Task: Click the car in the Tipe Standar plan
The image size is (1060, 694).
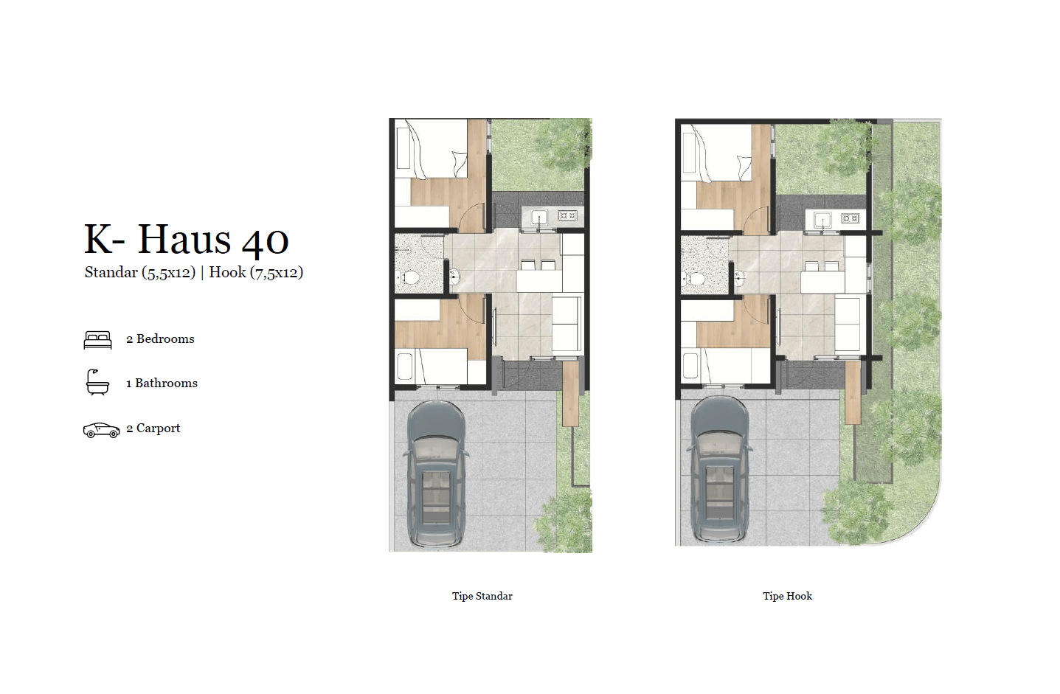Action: pyautogui.click(x=437, y=474)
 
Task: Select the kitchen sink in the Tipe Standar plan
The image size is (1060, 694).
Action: pyautogui.click(x=539, y=217)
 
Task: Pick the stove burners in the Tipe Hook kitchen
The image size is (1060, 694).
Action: pyautogui.click(x=850, y=218)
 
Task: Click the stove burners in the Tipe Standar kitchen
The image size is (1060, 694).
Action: pyautogui.click(x=567, y=215)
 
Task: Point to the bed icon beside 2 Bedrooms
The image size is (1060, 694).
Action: pyautogui.click(x=98, y=340)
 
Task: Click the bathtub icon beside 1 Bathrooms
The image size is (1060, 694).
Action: pyautogui.click(x=97, y=382)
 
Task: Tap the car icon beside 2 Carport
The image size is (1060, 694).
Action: pyautogui.click(x=101, y=430)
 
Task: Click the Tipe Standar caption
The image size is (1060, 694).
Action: pyautogui.click(x=482, y=596)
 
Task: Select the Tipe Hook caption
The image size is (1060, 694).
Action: pyautogui.click(x=787, y=596)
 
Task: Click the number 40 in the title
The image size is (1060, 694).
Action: pyautogui.click(x=265, y=240)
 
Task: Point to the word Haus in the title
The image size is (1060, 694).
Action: pyautogui.click(x=184, y=239)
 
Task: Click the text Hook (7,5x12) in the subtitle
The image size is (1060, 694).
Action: pyautogui.click(x=256, y=272)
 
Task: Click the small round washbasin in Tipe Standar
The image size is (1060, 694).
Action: pyautogui.click(x=454, y=277)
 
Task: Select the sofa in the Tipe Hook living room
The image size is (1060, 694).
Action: pyautogui.click(x=848, y=324)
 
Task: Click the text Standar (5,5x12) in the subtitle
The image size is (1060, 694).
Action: pyautogui.click(x=140, y=272)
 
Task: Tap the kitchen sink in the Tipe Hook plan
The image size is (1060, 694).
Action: pyautogui.click(x=823, y=220)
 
